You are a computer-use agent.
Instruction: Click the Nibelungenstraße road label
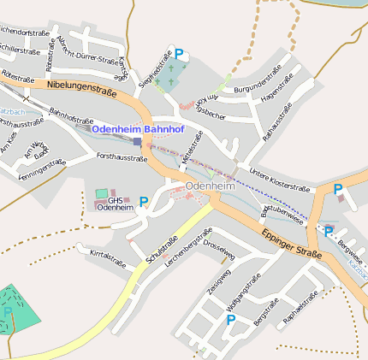(82, 86)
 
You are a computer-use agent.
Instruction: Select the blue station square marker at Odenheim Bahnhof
(137, 141)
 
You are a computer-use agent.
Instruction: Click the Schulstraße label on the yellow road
(163, 249)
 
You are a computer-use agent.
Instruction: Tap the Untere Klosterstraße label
(279, 180)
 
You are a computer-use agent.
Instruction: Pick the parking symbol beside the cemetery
(179, 53)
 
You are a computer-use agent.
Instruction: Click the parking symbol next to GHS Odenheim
(144, 202)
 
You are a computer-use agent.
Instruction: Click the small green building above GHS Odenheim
(102, 193)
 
